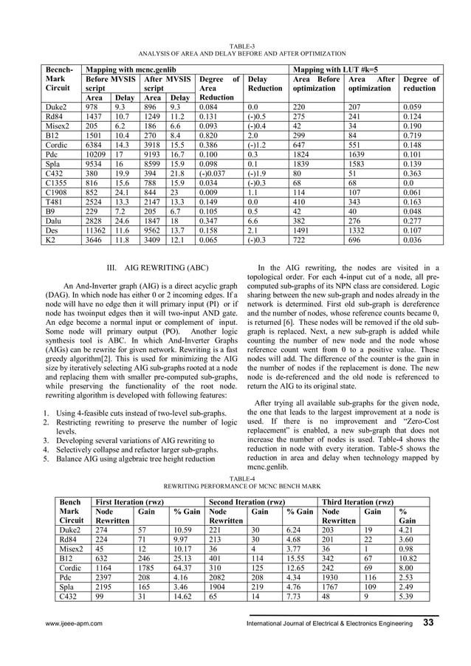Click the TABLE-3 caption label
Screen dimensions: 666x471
point(235,46)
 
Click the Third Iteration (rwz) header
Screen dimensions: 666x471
point(358,501)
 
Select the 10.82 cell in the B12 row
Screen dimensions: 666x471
point(408,559)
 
